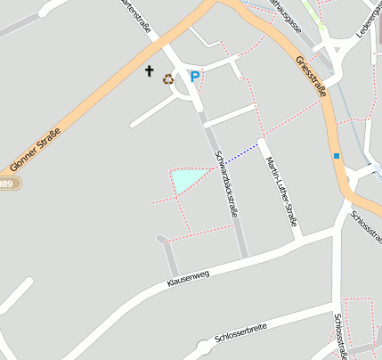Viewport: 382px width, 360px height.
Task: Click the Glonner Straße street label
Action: click(x=41, y=141)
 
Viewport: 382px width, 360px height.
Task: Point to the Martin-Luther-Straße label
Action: click(x=280, y=191)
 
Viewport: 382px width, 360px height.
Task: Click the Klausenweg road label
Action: click(x=188, y=280)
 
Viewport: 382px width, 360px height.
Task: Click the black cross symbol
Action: click(x=150, y=70)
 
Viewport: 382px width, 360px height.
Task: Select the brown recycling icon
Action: click(x=168, y=78)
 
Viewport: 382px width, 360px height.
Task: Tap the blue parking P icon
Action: click(x=195, y=77)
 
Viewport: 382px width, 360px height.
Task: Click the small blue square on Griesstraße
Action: click(x=337, y=156)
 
